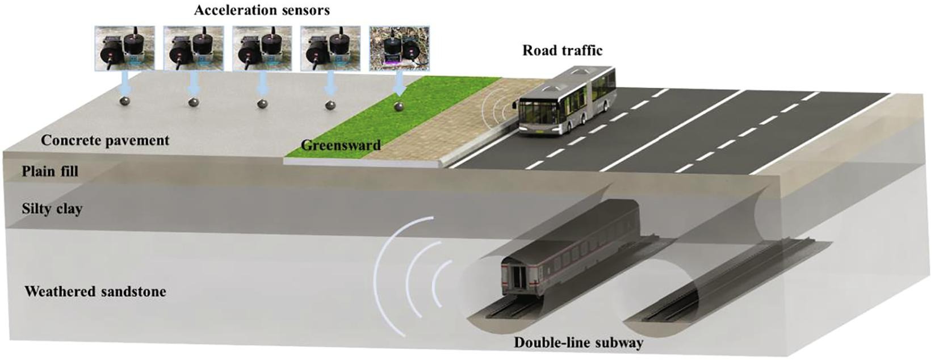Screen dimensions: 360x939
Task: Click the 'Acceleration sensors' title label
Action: click(262, 10)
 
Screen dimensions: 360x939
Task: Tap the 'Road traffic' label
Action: click(562, 51)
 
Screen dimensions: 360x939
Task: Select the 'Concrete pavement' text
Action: click(105, 140)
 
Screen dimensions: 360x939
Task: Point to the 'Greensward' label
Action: click(341, 145)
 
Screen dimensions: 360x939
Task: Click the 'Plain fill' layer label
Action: click(50, 171)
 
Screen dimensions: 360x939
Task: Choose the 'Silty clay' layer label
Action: click(52, 209)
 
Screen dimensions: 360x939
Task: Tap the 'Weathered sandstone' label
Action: click(95, 292)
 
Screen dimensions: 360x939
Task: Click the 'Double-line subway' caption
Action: click(579, 343)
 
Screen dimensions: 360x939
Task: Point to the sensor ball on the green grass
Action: click(400, 106)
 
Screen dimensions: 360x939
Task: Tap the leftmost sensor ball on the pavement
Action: click(125, 101)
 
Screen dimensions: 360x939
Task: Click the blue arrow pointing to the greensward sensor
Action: click(400, 85)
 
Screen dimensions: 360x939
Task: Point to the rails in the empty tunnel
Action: click(710, 290)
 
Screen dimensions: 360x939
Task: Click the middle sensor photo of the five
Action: click(262, 48)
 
